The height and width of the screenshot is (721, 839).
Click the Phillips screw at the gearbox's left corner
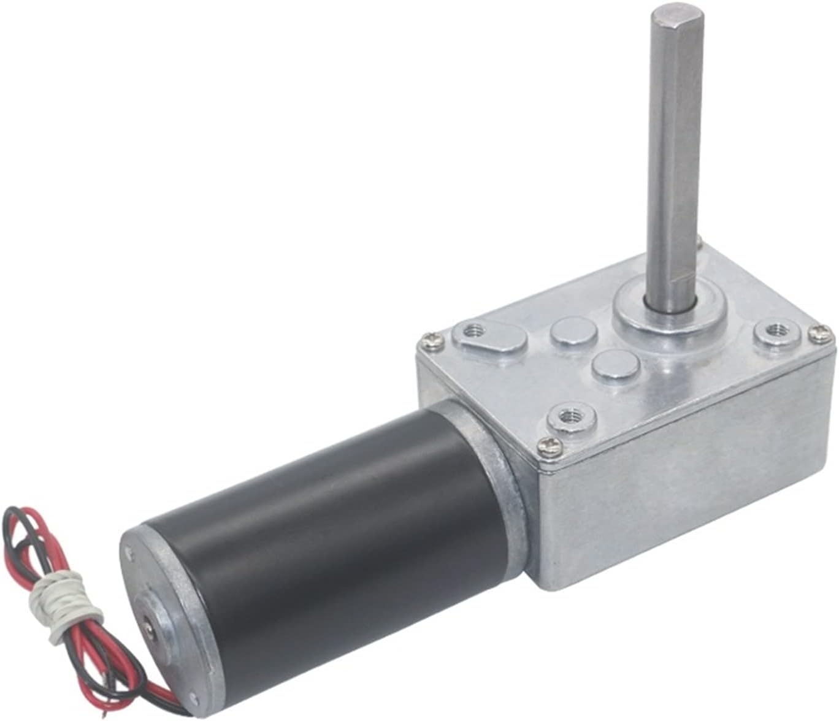pyautogui.click(x=427, y=339)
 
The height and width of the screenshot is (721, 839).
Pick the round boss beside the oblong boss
pyautogui.click(x=574, y=334)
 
